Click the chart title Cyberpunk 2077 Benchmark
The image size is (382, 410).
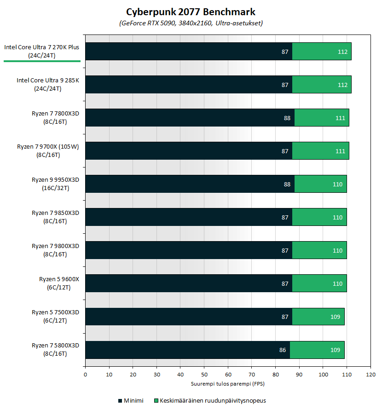coord(191,12)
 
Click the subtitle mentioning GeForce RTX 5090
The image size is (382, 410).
coord(191,23)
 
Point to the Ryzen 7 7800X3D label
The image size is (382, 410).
coord(55,117)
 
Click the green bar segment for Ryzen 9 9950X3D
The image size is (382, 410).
coord(320,184)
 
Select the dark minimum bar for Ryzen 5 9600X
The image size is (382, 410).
coord(189,283)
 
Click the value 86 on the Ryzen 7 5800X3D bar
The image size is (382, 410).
coord(283,350)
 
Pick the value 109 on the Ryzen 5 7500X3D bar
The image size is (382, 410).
coord(335,317)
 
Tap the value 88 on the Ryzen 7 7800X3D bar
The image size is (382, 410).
coord(287,118)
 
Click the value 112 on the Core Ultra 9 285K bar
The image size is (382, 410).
coord(342,85)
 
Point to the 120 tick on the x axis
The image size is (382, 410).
coord(370,375)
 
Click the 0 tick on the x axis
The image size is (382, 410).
coord(85,375)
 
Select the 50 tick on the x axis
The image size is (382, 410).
coord(204,375)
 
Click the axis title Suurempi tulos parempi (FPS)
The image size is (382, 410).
coord(228,383)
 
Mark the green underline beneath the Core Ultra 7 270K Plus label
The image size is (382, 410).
coord(42,61)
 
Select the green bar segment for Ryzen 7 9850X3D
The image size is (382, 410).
coord(319,217)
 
